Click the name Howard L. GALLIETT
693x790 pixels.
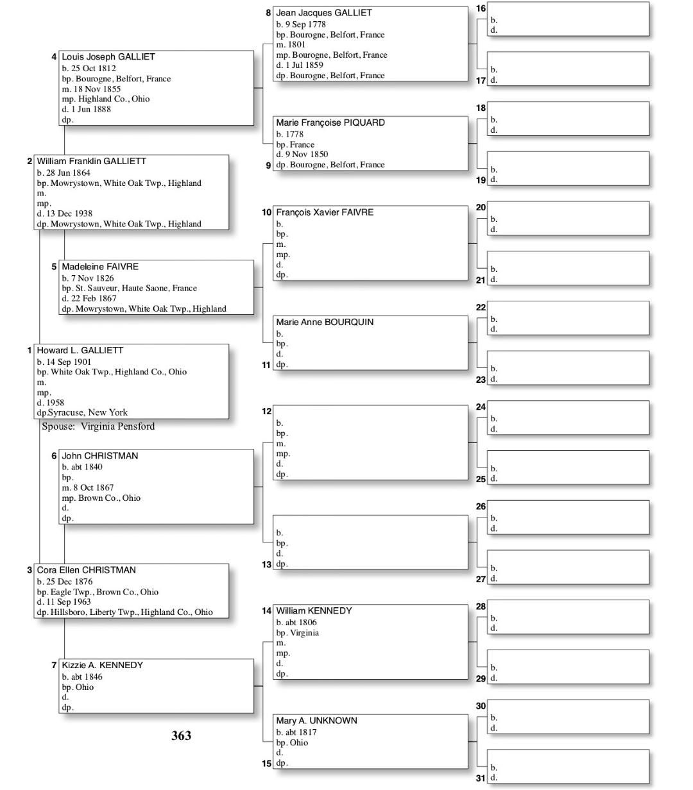click(x=80, y=351)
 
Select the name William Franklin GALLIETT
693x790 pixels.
click(x=91, y=162)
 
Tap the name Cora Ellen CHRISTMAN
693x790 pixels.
click(x=86, y=570)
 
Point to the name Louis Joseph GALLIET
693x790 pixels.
click(x=108, y=57)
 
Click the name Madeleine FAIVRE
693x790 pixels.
click(x=99, y=267)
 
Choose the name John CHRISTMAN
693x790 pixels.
click(x=99, y=456)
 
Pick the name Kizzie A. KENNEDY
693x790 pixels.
click(x=102, y=666)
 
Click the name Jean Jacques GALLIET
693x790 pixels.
click(x=323, y=13)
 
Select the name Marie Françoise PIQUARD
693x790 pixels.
click(x=330, y=122)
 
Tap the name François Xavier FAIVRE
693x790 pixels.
click(x=325, y=212)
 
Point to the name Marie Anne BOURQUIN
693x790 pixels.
click(x=325, y=322)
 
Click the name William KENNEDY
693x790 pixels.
click(x=314, y=611)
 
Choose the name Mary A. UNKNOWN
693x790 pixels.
click(x=316, y=721)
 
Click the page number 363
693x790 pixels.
click(x=182, y=735)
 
